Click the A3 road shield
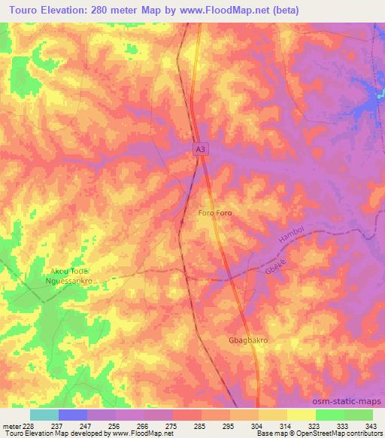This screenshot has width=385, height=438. [199, 151]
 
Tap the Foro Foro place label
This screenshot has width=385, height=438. [214, 214]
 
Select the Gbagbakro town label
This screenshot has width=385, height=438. [248, 340]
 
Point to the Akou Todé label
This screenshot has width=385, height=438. [70, 270]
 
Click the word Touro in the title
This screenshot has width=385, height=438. [26, 10]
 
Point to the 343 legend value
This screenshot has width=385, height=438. [372, 425]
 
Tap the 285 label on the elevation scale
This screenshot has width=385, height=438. [201, 425]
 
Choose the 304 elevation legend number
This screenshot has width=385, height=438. [258, 425]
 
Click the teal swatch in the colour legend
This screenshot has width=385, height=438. [44, 415]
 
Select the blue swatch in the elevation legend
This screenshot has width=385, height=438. [73, 415]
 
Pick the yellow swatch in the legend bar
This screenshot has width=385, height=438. [302, 415]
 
